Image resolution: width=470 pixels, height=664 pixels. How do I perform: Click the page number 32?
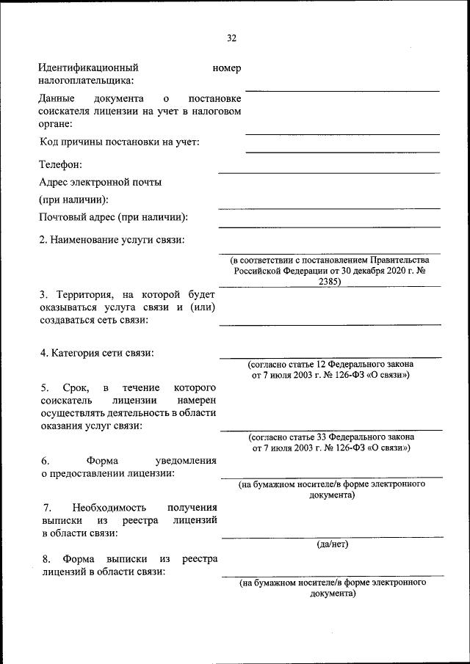click(232, 38)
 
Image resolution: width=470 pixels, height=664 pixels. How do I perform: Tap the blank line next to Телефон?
click(328, 172)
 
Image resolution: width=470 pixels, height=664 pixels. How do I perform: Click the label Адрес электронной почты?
click(100, 182)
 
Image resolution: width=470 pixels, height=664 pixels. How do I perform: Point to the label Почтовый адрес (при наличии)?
click(113, 217)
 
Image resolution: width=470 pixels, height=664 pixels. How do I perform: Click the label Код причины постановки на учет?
click(119, 142)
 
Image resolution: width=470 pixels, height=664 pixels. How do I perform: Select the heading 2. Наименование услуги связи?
click(112, 240)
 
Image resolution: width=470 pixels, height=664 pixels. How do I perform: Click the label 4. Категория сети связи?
click(97, 353)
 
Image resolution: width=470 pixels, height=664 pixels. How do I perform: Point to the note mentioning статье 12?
click(330, 369)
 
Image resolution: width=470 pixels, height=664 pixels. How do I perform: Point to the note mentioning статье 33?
click(330, 442)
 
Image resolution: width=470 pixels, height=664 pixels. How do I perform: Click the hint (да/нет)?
click(332, 544)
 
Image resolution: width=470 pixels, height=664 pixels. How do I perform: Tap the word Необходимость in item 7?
click(109, 507)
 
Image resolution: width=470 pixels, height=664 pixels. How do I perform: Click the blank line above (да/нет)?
click(332, 537)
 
